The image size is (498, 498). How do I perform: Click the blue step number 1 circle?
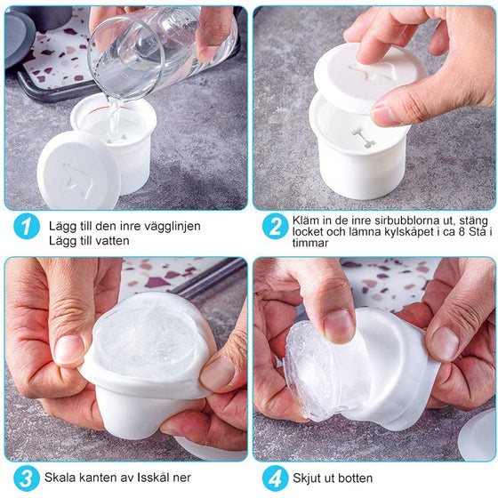[27, 227]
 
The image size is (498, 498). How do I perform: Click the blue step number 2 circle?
[276, 227]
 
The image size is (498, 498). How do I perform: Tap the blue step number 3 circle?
[27, 478]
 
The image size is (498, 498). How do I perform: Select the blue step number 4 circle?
[276, 478]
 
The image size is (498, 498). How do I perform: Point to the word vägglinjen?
[173, 227]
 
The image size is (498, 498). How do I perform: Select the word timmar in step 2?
[310, 243]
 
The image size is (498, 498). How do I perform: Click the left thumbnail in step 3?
[68, 349]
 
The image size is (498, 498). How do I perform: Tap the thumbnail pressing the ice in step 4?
[339, 326]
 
